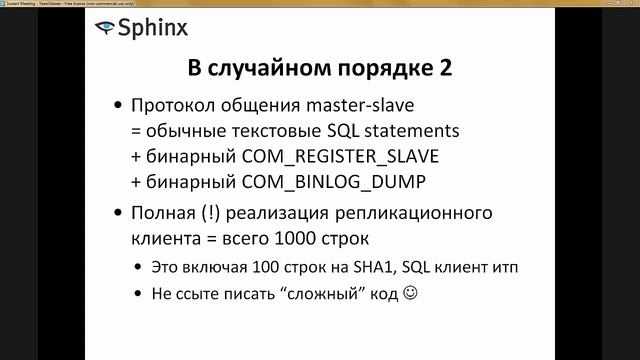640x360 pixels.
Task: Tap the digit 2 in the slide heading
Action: [x=444, y=70]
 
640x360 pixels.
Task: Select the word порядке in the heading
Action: [x=383, y=70]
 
